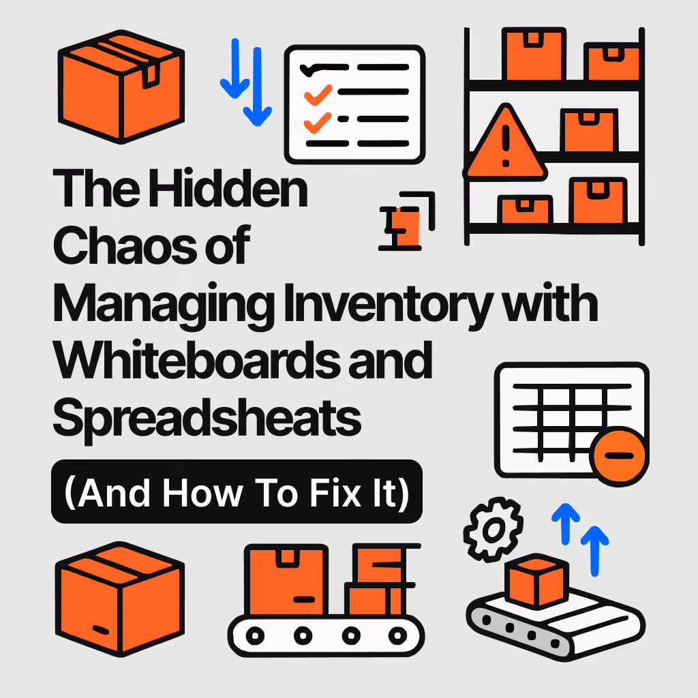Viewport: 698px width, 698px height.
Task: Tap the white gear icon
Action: coord(494,528)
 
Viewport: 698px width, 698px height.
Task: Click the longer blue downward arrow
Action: coord(258,85)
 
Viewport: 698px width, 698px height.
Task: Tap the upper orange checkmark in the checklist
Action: coord(317,95)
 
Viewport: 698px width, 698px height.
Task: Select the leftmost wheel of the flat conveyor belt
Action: coord(255,635)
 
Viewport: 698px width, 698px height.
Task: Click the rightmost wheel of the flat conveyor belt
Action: coord(397,635)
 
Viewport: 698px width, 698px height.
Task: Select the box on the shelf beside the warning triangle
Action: coord(587,130)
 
